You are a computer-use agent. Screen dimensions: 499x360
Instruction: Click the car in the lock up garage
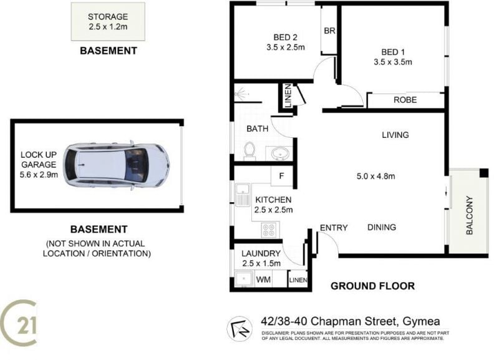pos(116,165)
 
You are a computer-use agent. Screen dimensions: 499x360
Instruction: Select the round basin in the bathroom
pos(280,153)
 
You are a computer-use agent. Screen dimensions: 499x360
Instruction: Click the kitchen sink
pos(243,195)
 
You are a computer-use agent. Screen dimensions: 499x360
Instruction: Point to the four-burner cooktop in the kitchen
pos(268,230)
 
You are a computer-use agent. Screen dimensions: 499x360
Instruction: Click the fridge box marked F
pos(282,176)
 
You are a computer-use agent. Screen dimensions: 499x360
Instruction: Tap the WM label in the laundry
pos(263,280)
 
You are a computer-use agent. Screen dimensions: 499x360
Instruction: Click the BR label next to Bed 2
pos(329,31)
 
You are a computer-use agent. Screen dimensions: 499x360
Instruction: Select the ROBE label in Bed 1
pos(405,100)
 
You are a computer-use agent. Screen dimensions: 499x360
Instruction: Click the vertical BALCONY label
pos(470,215)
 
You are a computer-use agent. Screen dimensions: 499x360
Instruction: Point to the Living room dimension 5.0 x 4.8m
pos(376,176)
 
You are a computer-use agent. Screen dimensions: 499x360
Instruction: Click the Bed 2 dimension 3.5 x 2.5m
pos(286,47)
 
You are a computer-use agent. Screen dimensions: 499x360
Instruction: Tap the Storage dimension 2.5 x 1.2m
pos(108,27)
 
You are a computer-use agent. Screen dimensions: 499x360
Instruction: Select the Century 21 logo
pos(18,323)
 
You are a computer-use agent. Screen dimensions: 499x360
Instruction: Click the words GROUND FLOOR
pos(372,286)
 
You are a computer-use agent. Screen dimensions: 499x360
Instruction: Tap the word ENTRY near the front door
pos(334,228)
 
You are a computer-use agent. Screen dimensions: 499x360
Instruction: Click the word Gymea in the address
pos(422,321)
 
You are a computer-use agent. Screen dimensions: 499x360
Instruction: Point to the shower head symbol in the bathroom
pos(241,94)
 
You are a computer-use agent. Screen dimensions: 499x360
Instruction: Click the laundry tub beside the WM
pos(244,279)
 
